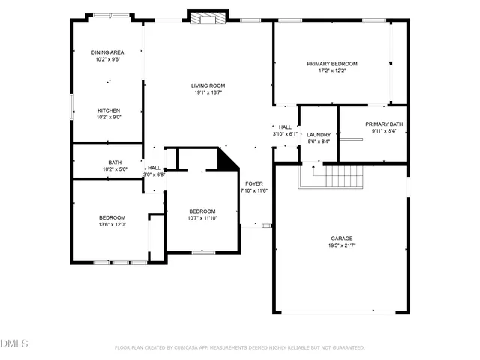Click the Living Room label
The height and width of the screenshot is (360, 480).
click(208, 85)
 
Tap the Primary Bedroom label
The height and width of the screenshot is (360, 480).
click(332, 63)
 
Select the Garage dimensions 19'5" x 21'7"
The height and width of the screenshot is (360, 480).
click(341, 245)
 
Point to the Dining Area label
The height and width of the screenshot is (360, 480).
click(108, 52)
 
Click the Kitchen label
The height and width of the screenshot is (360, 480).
click(108, 110)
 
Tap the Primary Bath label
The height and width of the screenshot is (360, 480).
click(384, 124)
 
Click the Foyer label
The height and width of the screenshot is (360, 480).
click(253, 184)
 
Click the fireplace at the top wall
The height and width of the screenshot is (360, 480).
click(207, 16)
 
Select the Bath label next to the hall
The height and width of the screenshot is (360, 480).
click(115, 163)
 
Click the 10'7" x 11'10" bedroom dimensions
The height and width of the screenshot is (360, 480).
click(202, 218)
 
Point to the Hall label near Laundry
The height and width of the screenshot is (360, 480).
click(285, 127)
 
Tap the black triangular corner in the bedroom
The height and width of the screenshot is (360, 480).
click(226, 159)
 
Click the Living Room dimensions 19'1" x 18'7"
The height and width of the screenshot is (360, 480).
click(208, 93)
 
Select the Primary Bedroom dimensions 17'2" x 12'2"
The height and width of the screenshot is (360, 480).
click(332, 70)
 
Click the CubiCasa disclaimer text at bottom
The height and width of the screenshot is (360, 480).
click(239, 347)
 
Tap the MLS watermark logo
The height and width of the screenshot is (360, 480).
click(14, 344)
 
